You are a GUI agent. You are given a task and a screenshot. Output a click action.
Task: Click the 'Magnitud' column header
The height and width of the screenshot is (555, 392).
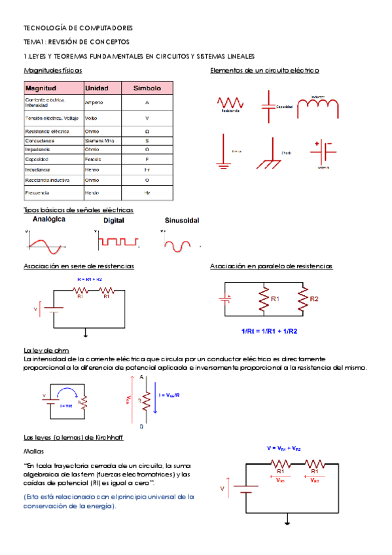point(41,88)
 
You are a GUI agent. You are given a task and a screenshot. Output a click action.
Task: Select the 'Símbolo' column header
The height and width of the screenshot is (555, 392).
point(147,88)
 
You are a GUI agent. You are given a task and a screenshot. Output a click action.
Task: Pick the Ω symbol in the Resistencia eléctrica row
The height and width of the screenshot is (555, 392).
point(147,132)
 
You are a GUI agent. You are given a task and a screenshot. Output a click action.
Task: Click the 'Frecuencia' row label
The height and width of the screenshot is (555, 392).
point(37,193)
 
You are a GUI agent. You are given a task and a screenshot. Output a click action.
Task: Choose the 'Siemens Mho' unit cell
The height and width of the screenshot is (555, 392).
point(99,141)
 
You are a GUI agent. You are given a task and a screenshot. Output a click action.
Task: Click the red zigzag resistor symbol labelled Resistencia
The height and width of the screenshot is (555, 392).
point(230,103)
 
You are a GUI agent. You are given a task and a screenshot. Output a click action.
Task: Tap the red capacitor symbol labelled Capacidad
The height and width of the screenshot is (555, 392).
point(269,105)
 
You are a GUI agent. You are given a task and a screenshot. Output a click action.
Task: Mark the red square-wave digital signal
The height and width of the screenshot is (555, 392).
point(118,242)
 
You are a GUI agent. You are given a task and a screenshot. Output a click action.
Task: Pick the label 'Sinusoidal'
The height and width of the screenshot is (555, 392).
point(182,221)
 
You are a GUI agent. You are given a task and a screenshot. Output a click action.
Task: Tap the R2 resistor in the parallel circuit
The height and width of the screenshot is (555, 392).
point(303,299)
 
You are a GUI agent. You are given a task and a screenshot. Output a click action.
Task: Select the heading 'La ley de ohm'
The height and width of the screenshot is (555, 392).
point(46,350)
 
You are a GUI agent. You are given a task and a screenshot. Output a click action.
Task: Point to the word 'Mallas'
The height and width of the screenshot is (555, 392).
point(33,452)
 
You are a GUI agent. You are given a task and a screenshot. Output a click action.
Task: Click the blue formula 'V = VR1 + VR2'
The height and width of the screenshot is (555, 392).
point(283,448)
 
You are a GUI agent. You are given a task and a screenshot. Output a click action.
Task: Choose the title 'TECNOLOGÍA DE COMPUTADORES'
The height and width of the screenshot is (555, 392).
point(78,29)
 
